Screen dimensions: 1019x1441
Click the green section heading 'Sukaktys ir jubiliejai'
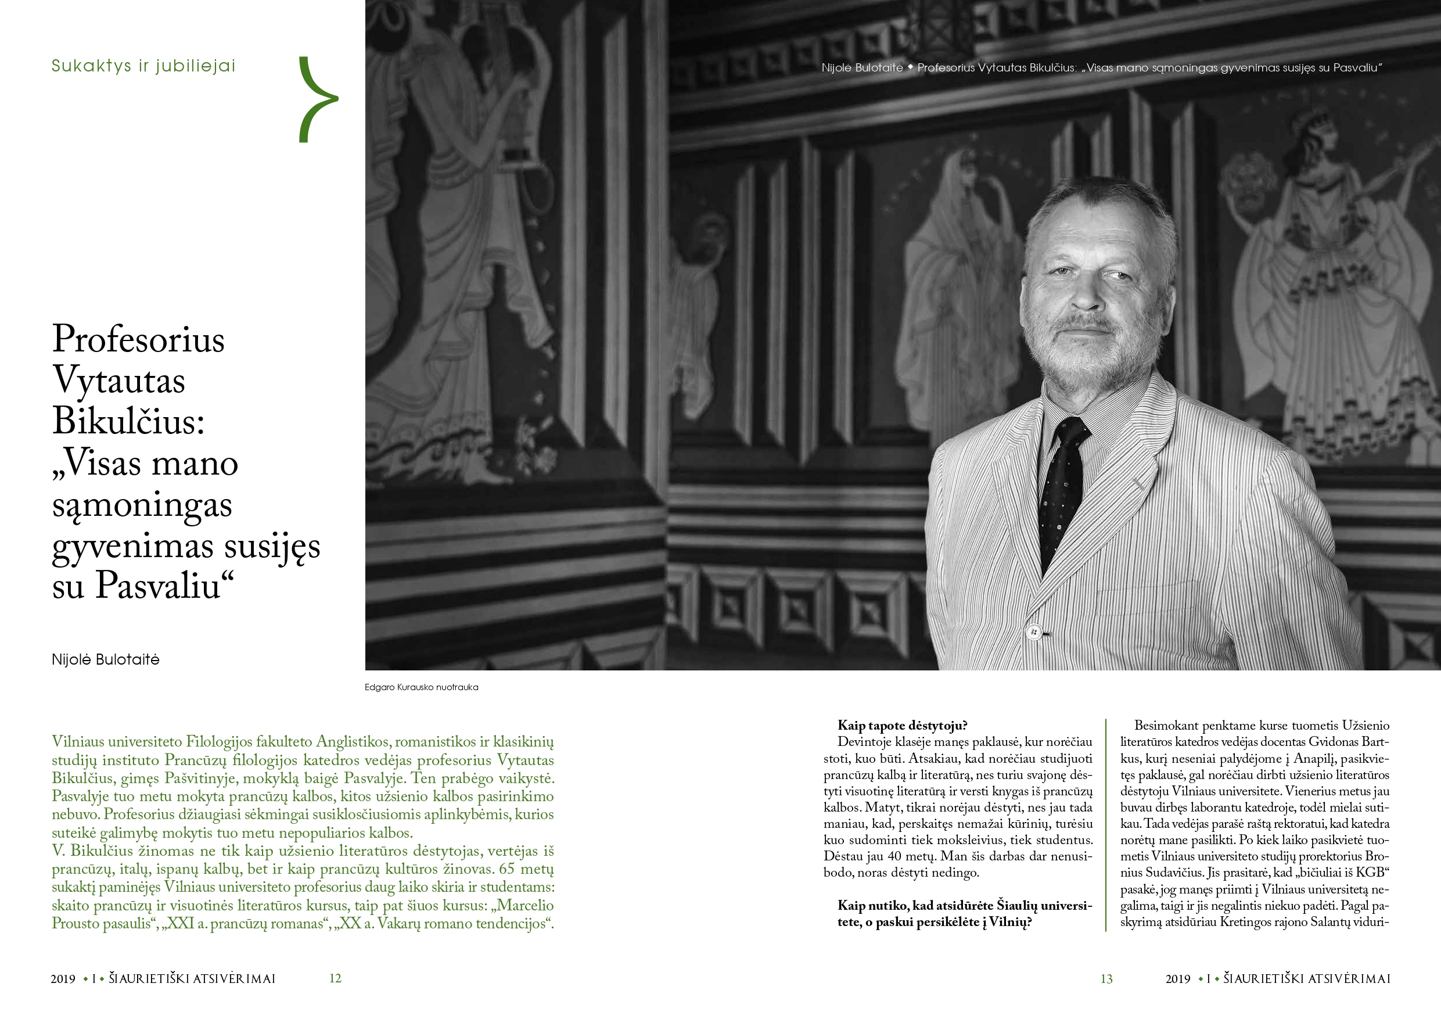(143, 66)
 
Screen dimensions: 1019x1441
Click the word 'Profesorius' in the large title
(138, 339)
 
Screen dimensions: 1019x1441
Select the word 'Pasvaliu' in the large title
(157, 586)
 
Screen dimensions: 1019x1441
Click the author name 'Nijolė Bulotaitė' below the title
(106, 660)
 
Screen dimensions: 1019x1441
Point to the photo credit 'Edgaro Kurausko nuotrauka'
(421, 687)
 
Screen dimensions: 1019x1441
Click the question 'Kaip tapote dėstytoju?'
(902, 726)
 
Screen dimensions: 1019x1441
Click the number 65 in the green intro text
(506, 870)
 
